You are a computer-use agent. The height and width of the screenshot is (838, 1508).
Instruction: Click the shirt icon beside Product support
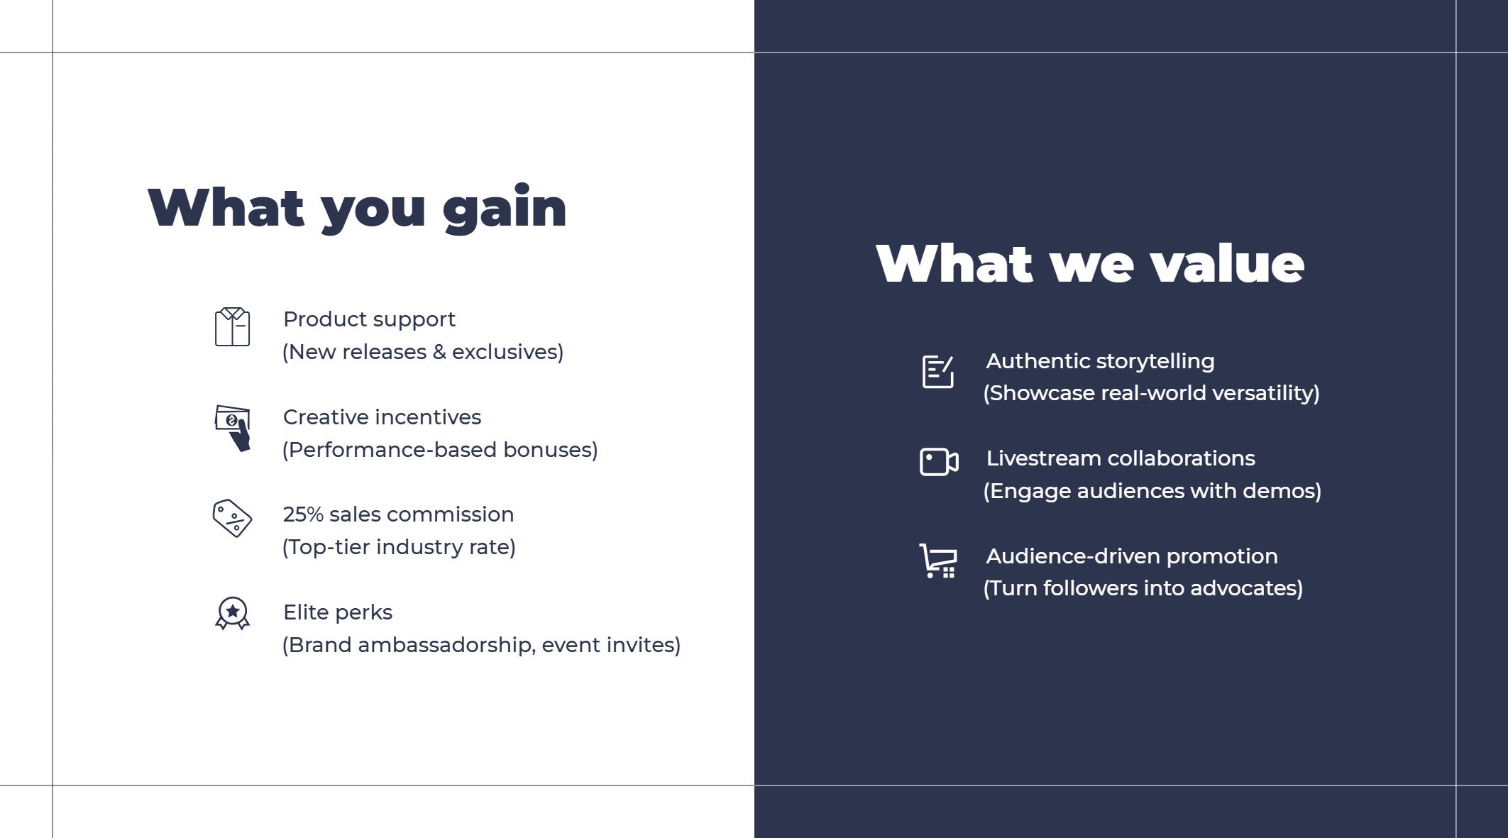tap(232, 327)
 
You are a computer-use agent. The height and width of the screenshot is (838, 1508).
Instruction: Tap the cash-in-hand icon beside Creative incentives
tap(233, 428)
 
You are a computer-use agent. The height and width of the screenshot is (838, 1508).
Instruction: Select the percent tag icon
tap(232, 518)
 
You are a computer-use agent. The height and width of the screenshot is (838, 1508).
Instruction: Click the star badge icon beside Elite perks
tap(233, 613)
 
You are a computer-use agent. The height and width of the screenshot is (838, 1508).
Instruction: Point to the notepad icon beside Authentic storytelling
tap(937, 371)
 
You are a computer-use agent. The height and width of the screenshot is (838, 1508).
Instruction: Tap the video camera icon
tap(939, 462)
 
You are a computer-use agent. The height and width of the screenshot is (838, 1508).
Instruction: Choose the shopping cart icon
tap(938, 561)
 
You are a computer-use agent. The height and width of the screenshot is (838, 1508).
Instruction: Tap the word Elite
tap(306, 612)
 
